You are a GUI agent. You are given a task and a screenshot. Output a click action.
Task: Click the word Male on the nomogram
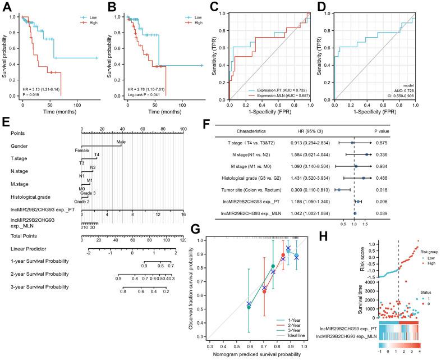120,142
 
